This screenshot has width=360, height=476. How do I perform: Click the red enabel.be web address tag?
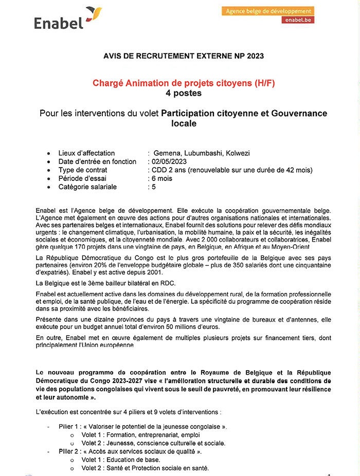[297, 20]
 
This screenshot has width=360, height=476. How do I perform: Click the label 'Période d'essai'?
[82, 178]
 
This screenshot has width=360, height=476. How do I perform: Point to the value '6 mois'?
[160, 178]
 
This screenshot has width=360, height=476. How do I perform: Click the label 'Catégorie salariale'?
[87, 187]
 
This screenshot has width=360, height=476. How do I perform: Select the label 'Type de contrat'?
[83, 170]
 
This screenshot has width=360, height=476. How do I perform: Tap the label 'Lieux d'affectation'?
[86, 153]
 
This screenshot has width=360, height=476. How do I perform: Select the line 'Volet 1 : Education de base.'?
[121, 460]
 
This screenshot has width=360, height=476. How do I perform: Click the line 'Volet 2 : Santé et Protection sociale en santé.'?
[145, 468]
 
